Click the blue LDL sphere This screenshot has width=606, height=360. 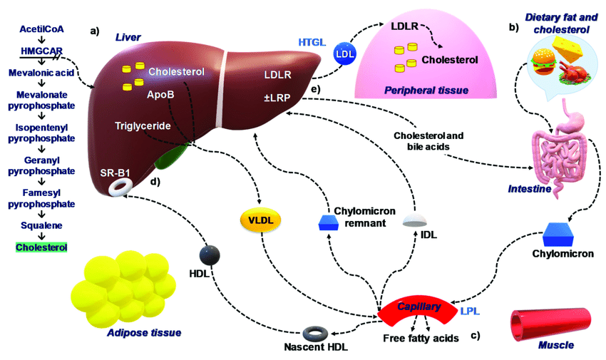pos(344,53)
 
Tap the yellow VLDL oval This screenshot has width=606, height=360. pos(260,220)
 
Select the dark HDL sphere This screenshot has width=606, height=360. pos(210,255)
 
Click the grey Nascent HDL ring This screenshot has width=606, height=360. pos(315,334)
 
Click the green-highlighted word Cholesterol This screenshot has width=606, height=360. pos(41,247)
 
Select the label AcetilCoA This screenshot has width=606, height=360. pos(41,29)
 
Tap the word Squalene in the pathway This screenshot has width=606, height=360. pos(41,225)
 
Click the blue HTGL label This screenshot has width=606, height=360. pos(312,42)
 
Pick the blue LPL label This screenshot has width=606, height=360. pos(470,311)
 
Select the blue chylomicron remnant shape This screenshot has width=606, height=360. pos(329,223)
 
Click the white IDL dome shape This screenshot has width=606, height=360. pos(415,220)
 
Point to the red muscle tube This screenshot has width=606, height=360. pos(551,325)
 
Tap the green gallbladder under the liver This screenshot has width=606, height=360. pos(172,156)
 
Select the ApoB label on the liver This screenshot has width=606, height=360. pos(160,95)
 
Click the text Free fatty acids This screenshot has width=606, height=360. pos(421,339)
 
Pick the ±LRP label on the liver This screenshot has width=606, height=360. pos(277,98)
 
